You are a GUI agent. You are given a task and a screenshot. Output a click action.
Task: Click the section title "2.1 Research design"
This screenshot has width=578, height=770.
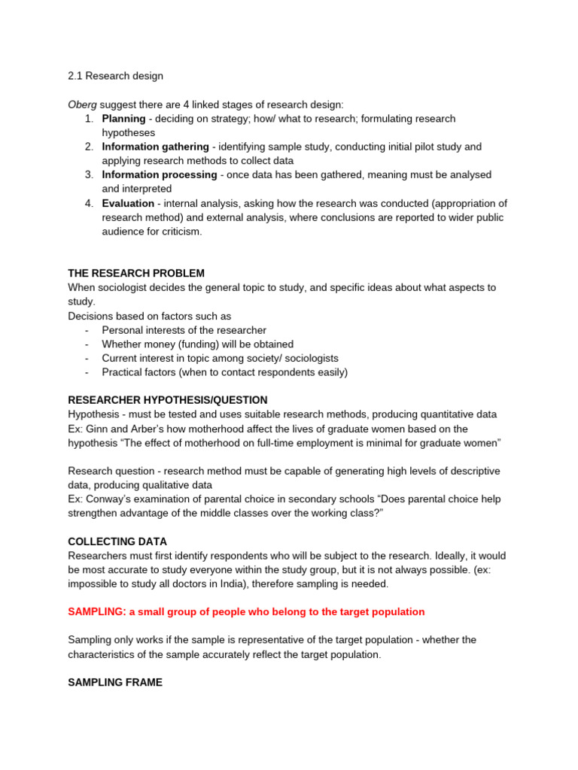click(115, 76)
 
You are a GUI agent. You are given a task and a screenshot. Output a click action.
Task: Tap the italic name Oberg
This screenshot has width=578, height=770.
click(82, 105)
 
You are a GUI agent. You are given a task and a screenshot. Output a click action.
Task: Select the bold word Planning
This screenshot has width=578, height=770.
click(123, 119)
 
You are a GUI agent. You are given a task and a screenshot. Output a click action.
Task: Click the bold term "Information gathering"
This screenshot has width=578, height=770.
click(156, 147)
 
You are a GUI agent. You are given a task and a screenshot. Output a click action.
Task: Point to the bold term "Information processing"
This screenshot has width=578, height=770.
click(160, 174)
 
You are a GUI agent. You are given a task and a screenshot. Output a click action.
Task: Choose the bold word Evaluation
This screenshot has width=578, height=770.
click(128, 203)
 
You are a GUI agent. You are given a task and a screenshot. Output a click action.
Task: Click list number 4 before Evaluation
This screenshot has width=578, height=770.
click(89, 203)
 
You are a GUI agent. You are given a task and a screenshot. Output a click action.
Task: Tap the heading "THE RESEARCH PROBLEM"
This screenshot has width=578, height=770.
click(136, 273)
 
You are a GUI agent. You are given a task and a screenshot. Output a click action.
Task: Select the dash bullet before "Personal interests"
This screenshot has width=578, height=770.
click(87, 330)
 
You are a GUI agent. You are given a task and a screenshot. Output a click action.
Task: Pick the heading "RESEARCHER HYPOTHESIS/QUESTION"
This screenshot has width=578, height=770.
click(168, 400)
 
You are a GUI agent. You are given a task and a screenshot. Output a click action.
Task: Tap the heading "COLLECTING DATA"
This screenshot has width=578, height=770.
click(117, 541)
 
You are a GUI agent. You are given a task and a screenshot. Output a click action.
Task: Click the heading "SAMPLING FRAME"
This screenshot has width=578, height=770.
click(115, 682)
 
